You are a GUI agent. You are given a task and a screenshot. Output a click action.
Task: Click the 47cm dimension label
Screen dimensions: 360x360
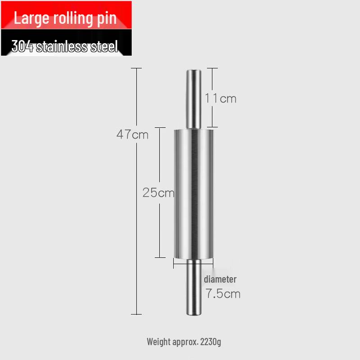click(x=132, y=134)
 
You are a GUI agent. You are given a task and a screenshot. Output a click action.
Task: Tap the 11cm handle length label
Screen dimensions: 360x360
click(x=220, y=98)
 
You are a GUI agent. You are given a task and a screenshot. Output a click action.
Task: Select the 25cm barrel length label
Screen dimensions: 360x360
click(x=158, y=193)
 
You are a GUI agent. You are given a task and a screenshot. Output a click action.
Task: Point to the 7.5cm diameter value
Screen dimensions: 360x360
click(x=223, y=294)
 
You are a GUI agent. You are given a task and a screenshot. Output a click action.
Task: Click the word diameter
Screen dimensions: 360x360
click(x=220, y=279)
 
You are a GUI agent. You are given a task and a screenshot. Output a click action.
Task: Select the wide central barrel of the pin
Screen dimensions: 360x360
click(x=194, y=193)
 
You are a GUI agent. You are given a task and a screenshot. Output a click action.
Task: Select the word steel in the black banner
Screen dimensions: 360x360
click(x=104, y=46)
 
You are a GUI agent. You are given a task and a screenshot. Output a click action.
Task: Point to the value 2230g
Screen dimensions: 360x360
click(x=210, y=342)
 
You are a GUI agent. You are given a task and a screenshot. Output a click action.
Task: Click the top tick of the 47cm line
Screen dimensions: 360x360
click(x=136, y=68)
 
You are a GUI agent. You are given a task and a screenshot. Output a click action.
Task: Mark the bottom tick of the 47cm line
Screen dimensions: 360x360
click(x=136, y=314)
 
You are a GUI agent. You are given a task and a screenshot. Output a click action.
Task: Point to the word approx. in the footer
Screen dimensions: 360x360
click(x=184, y=342)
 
